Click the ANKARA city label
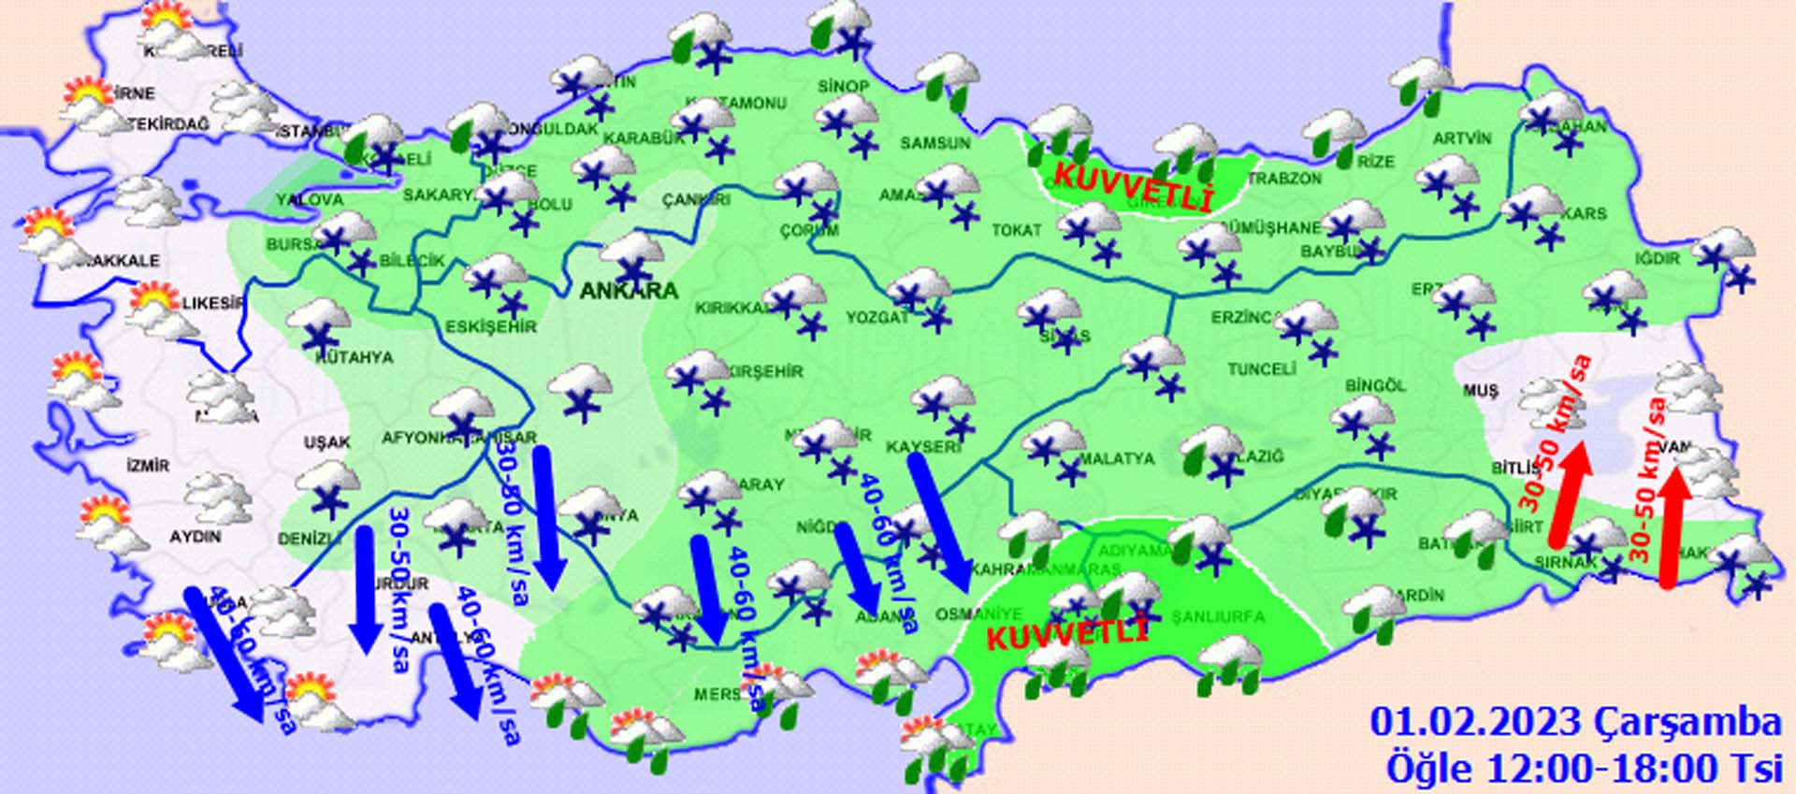[x=629, y=291]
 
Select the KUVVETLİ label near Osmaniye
[x=1067, y=636]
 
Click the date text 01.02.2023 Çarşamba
[x=1575, y=723]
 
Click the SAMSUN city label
[x=934, y=143]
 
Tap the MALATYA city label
[x=1117, y=459]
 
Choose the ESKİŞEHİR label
[x=491, y=326]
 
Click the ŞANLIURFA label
[x=1218, y=617]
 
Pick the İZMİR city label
[x=148, y=465]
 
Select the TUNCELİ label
[x=1262, y=369]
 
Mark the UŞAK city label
[x=327, y=442]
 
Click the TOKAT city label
[x=1016, y=229]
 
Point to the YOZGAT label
[x=877, y=318]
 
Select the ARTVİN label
[x=1462, y=138]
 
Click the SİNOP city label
[x=844, y=86]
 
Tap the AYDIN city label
[x=195, y=537]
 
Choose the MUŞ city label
[x=1480, y=391]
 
